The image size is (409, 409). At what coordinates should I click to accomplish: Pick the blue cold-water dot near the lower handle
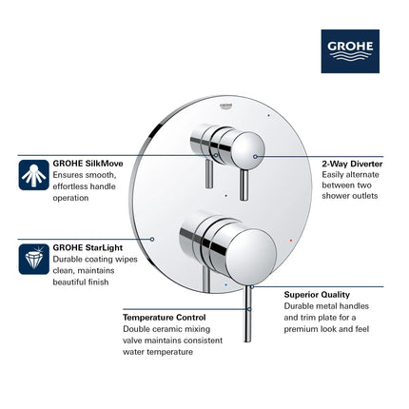223,283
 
